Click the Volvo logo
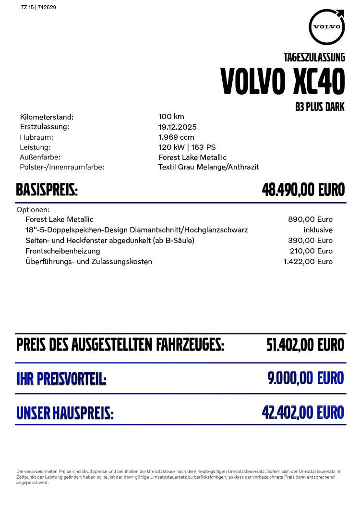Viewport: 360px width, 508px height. point(327,26)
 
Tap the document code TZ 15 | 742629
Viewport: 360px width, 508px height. point(39,8)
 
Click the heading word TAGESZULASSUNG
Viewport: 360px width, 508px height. point(314,58)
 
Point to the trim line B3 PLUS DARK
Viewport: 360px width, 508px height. point(320,107)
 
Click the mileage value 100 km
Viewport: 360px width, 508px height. point(171,117)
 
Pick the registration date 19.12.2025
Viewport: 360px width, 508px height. point(178,127)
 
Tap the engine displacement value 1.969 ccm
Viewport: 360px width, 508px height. point(176,137)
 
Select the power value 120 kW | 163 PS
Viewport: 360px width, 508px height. point(187,147)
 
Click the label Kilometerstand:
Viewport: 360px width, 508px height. point(47,117)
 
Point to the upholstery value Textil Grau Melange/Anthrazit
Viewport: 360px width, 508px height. point(208,167)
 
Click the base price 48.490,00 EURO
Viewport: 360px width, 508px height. point(303,190)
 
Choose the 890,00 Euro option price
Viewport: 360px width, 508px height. point(310,219)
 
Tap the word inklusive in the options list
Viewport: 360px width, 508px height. point(318,230)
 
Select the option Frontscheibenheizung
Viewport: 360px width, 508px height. point(63,251)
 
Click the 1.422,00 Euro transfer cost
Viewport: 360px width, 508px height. point(308,262)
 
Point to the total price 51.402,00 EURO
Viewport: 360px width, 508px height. point(305,345)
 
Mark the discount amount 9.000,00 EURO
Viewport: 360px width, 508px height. point(306,378)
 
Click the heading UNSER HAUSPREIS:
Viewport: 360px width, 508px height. point(65,413)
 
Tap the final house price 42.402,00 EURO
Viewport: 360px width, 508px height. point(303,412)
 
